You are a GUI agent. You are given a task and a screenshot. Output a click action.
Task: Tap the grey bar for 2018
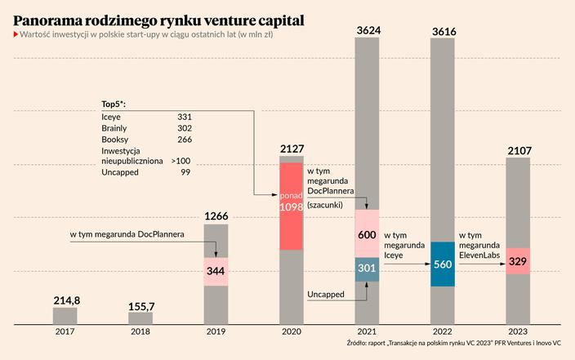coord(140,319)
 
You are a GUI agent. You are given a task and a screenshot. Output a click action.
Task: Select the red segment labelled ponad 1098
coord(292,207)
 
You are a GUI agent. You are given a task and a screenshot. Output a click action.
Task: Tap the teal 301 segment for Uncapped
coord(367,269)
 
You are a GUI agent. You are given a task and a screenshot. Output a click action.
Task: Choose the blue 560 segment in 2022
coord(442,264)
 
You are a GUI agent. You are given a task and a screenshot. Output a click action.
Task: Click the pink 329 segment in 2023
coord(517,261)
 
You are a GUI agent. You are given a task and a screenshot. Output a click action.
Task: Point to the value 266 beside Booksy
coord(184,140)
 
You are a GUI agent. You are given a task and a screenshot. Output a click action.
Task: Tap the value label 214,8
coord(66,300)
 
